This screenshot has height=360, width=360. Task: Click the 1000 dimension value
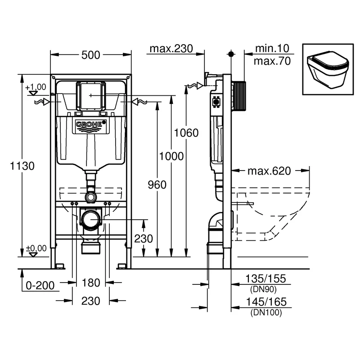pyautogui.click(x=171, y=156)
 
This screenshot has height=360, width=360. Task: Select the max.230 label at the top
pyautogui.click(x=171, y=49)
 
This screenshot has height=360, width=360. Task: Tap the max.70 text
pyautogui.click(x=272, y=60)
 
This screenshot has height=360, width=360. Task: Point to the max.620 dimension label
pyautogui.click(x=269, y=171)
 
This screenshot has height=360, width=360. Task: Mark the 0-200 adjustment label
pyautogui.click(x=41, y=284)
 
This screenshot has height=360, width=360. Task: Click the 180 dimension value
pyautogui.click(x=90, y=283)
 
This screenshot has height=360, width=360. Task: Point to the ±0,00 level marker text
pyautogui.click(x=36, y=248)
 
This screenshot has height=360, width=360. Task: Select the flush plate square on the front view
pyautogui.click(x=91, y=96)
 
